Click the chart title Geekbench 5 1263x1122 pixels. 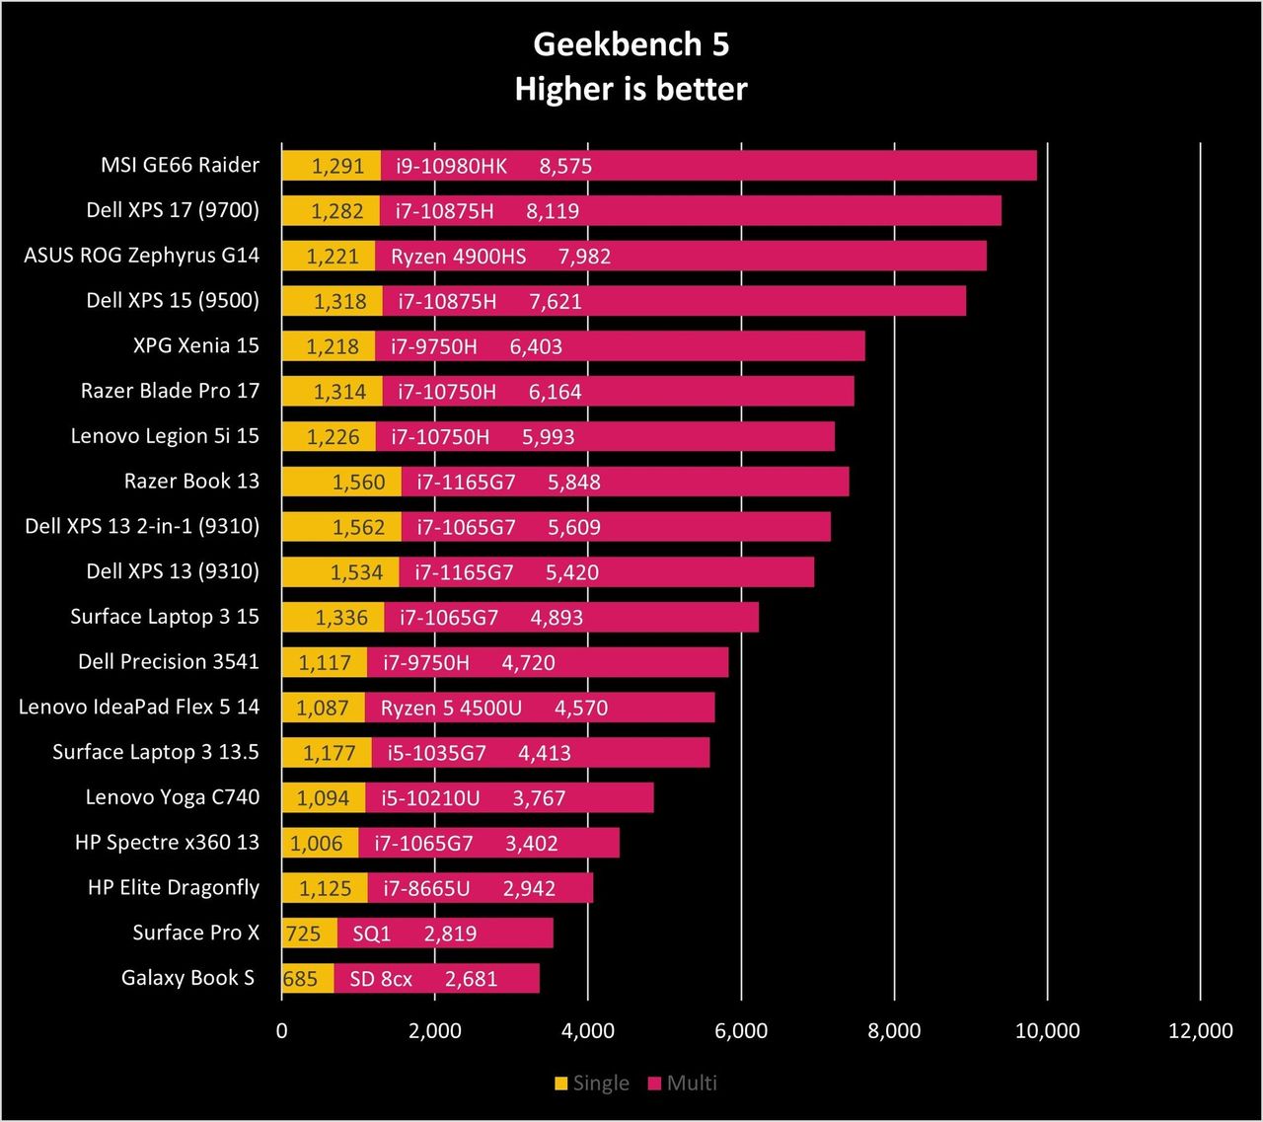point(631,45)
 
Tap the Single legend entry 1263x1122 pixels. point(592,1083)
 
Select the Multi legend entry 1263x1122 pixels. point(683,1083)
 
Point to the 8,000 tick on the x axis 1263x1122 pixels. point(894,1030)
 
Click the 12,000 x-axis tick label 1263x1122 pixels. point(1200,1030)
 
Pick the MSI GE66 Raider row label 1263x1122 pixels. point(181,165)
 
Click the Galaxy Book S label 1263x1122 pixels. point(187,977)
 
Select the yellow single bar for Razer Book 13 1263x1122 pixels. point(341,482)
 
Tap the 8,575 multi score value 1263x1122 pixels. point(565,166)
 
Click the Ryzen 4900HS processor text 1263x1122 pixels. point(458,257)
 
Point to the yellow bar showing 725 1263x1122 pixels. point(309,933)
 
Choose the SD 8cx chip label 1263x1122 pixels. point(381,979)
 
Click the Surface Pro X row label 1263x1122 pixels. point(195,933)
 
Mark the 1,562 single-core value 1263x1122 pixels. point(358,527)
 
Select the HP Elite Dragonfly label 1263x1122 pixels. point(174,887)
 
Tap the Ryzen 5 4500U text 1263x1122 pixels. point(451,708)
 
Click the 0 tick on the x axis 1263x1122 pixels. point(282,1030)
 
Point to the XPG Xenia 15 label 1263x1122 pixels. point(195,345)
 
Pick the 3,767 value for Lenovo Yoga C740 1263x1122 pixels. point(539,798)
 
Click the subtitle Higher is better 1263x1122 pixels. point(631,89)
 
